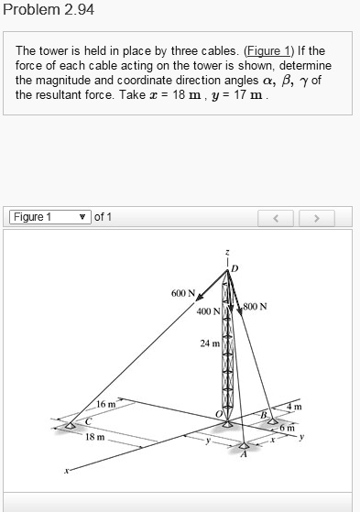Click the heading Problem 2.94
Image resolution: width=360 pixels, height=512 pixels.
pyautogui.click(x=49, y=10)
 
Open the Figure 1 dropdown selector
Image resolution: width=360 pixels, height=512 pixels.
pyautogui.click(x=49, y=217)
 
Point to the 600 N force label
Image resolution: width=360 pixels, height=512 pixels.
pyautogui.click(x=183, y=293)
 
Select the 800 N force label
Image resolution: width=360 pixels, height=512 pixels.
pyautogui.click(x=256, y=306)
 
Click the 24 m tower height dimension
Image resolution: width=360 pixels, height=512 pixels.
pyautogui.click(x=210, y=343)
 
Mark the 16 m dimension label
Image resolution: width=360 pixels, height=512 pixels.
pyautogui.click(x=106, y=404)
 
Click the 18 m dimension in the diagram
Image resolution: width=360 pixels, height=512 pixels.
pyautogui.click(x=95, y=438)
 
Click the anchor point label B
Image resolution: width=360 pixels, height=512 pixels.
pyautogui.click(x=261, y=417)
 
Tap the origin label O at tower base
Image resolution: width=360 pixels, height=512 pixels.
pyautogui.click(x=218, y=414)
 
